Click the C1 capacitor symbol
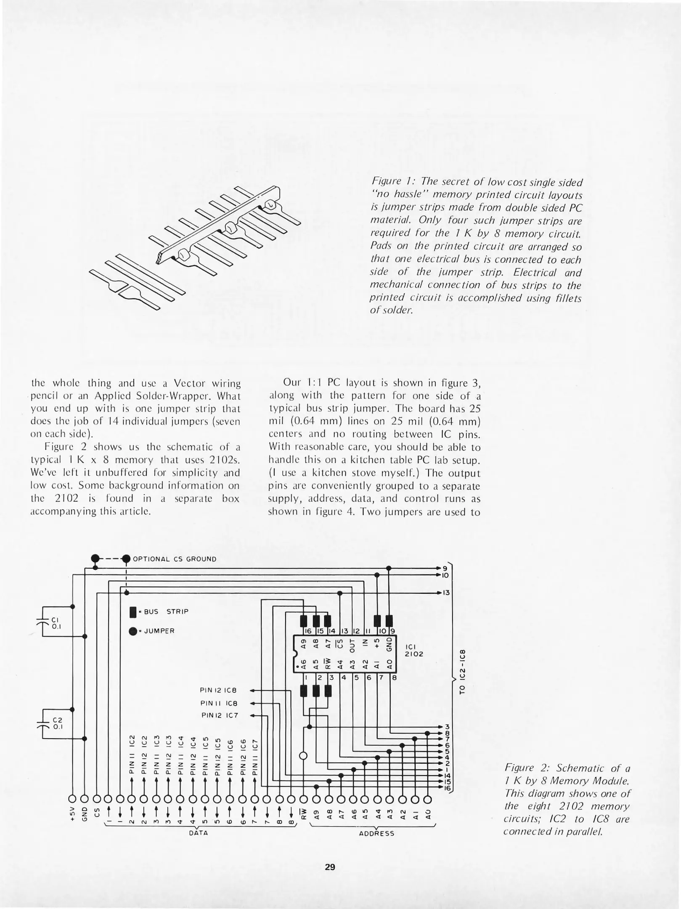pyautogui.click(x=43, y=621)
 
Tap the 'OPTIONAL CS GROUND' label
pyautogui.click(x=175, y=559)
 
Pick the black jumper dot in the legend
pyautogui.click(x=133, y=631)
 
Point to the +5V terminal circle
pyautogui.click(x=72, y=799)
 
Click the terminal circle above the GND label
pyautogui.click(x=85, y=799)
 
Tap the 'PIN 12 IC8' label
pyautogui.click(x=218, y=691)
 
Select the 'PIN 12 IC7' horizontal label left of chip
pyautogui.click(x=218, y=715)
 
